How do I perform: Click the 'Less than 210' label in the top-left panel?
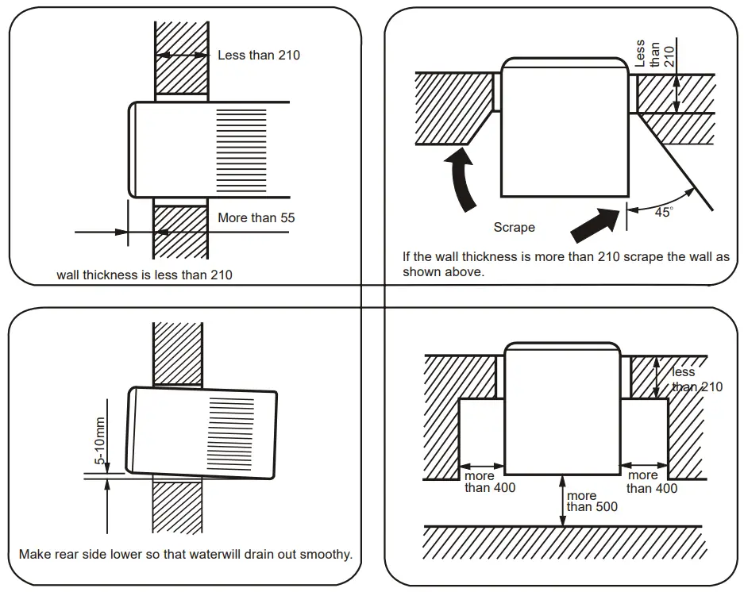259,56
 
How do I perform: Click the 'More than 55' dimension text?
256,217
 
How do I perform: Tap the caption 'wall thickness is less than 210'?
145,275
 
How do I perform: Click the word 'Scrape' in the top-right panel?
514,227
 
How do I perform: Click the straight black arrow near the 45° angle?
596,223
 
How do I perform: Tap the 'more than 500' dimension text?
592,502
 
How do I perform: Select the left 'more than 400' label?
489,482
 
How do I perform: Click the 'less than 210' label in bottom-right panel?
696,379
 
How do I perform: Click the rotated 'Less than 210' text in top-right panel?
654,56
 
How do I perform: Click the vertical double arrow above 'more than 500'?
562,499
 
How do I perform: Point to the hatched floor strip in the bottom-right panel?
562,543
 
